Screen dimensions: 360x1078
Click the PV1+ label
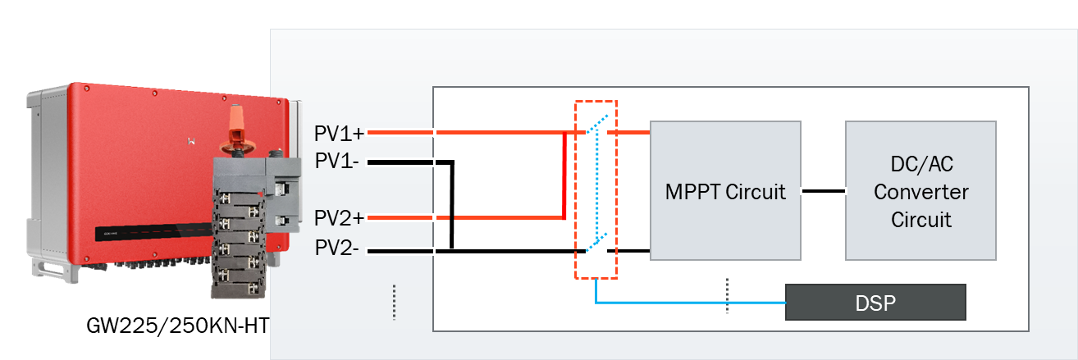[339, 133]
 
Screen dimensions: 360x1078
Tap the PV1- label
[336, 162]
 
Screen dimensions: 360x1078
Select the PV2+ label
[339, 218]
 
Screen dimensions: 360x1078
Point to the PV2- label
[336, 249]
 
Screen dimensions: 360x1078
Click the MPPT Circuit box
[725, 190]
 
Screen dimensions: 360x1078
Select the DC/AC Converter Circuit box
[920, 190]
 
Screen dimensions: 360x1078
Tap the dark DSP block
[875, 303]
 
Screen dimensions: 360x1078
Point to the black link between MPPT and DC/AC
[823, 192]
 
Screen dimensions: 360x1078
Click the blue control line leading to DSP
[689, 303]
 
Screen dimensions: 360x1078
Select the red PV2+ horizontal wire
[492, 218]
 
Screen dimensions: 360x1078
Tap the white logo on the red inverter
[192, 139]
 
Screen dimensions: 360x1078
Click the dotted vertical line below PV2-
[394, 302]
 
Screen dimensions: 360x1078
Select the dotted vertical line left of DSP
[727, 295]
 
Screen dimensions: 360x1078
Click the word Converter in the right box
[920, 192]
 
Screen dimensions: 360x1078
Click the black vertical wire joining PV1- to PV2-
[452, 205]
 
